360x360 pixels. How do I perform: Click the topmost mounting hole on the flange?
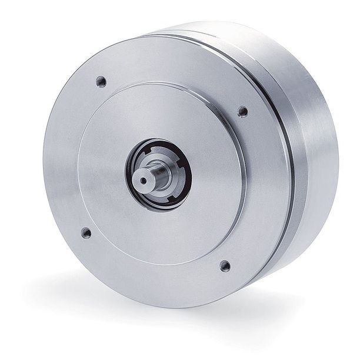tap(101, 81)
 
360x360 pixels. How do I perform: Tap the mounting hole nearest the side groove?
tap(242, 111)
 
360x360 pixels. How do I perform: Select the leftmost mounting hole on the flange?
tap(86, 232)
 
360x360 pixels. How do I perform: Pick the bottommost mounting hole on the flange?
tap(225, 265)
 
